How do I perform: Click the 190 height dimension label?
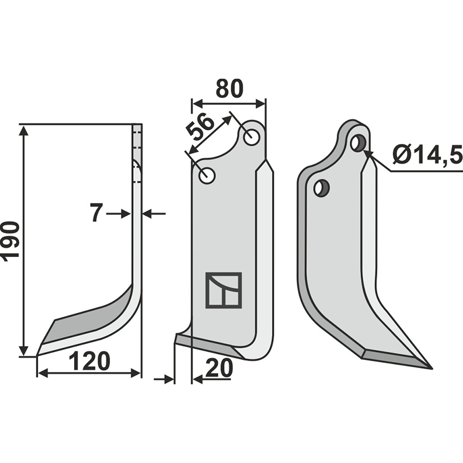(10, 241)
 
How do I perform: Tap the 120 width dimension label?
(89, 361)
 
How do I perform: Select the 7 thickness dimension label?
(96, 213)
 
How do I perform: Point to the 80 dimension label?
(229, 89)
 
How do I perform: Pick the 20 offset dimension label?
(219, 368)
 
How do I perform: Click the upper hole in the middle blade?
(251, 137)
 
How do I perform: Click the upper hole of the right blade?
(358, 143)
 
